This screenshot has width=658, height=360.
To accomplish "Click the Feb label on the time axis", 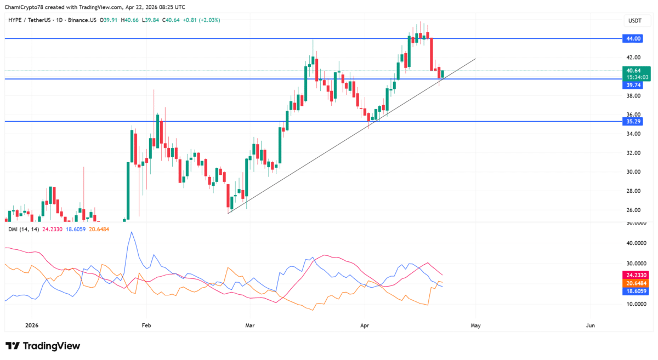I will (146, 325).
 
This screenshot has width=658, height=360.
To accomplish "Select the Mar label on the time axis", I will (250, 325).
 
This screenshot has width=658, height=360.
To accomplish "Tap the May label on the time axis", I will (475, 325).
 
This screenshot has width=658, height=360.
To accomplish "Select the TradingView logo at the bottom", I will (43, 346).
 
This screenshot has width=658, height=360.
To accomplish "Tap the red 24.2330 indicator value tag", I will (636, 275).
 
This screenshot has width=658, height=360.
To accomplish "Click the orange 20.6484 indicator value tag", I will (636, 283).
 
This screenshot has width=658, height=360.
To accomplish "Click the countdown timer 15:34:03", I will (636, 77).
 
